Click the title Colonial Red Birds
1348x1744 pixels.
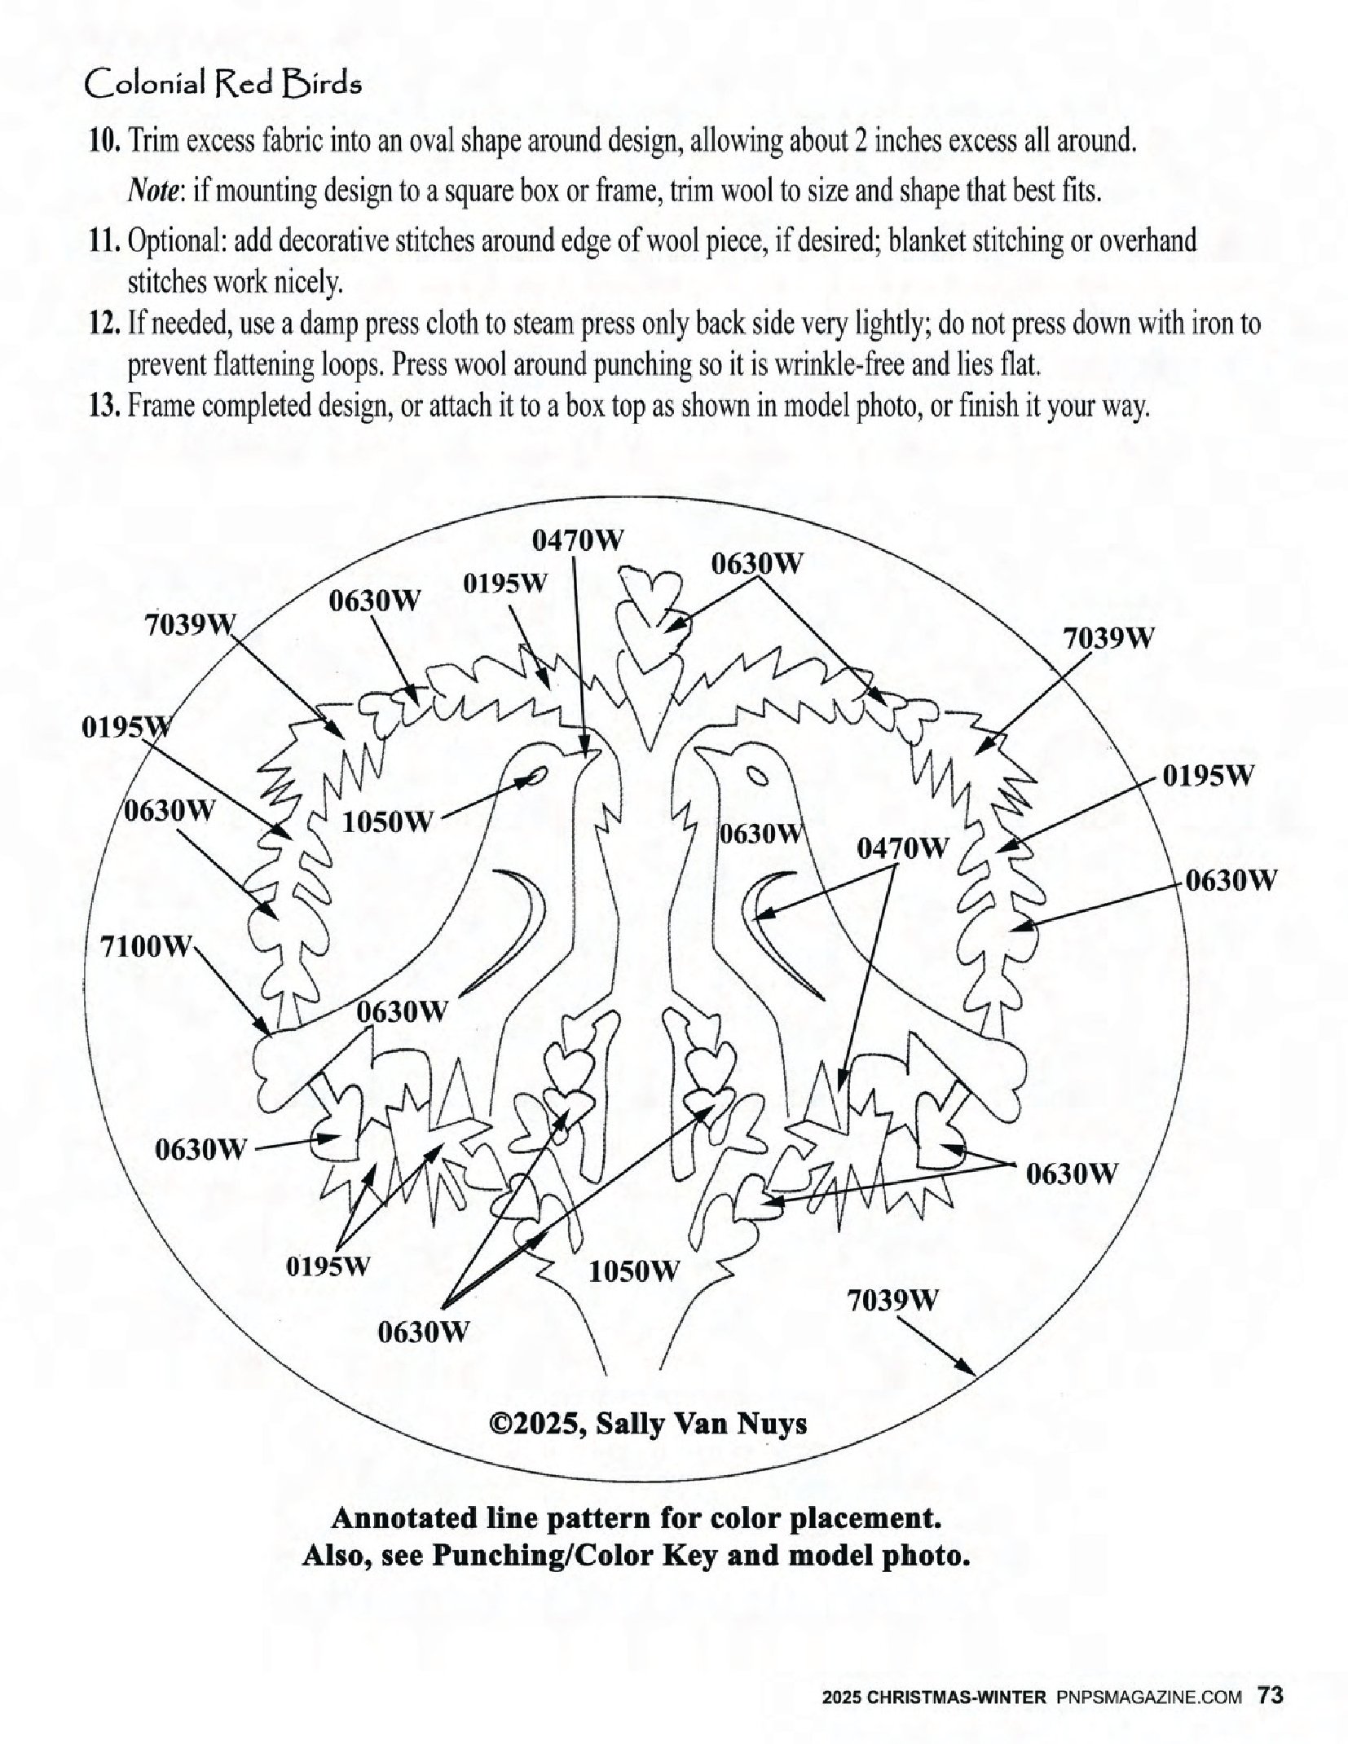(222, 84)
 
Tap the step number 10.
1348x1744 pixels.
(104, 143)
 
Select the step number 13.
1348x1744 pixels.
(104, 406)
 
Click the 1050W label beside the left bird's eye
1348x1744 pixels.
(385, 822)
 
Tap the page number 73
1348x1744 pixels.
(1271, 1697)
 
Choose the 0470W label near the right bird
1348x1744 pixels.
(902, 849)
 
